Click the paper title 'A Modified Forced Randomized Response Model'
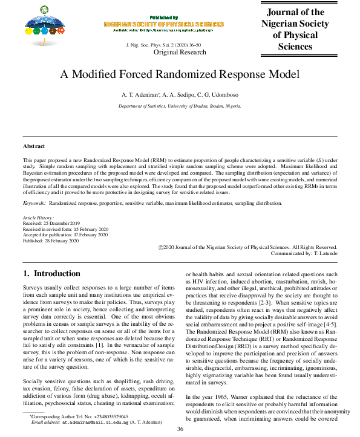click(180, 75)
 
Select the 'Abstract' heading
click(35, 146)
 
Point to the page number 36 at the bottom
click(180, 429)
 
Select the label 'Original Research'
click(180, 53)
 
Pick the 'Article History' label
click(38, 217)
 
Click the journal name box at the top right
click(295, 29)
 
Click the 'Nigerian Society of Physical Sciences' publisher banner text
click(163, 24)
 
